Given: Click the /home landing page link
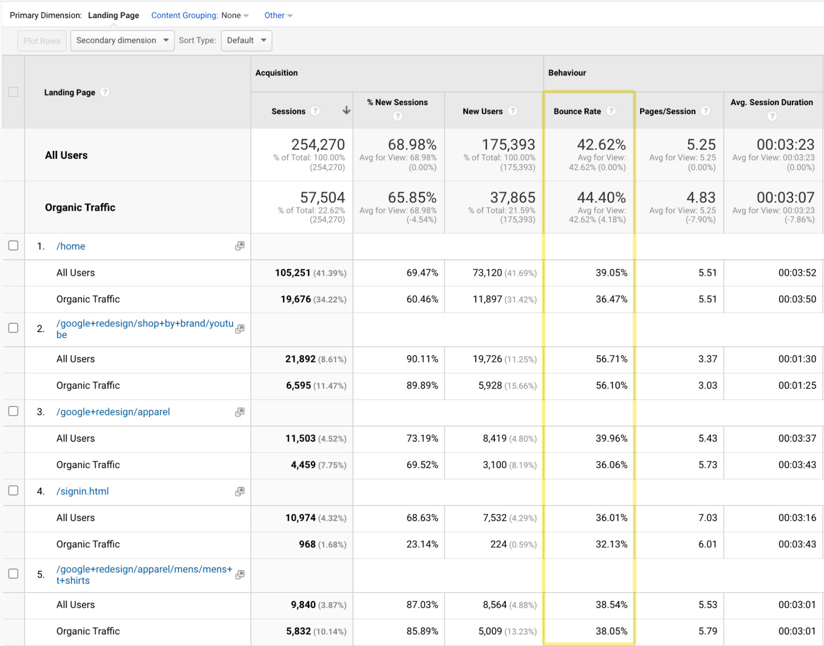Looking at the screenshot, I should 71,246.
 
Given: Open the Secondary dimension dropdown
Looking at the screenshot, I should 122,41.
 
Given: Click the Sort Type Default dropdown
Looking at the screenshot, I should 246,41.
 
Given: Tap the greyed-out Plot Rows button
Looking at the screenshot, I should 42,41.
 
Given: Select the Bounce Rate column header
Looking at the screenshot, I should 577,111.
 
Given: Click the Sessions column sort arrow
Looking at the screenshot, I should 347,110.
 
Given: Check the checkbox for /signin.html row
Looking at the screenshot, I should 13,491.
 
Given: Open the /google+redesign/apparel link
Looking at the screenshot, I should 113,412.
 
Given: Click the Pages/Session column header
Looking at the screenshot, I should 667,111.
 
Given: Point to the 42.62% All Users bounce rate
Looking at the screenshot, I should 602,145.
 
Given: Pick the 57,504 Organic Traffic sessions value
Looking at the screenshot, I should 322,198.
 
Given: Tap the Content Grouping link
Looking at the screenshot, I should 184,15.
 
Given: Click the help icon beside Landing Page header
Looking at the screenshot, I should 105,92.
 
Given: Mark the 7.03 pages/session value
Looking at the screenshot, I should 707,518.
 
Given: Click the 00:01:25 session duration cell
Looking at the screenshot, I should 797,386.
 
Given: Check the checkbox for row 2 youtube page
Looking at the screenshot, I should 13,328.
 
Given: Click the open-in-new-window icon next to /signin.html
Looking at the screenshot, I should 239,492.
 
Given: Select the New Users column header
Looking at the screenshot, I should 482,111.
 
